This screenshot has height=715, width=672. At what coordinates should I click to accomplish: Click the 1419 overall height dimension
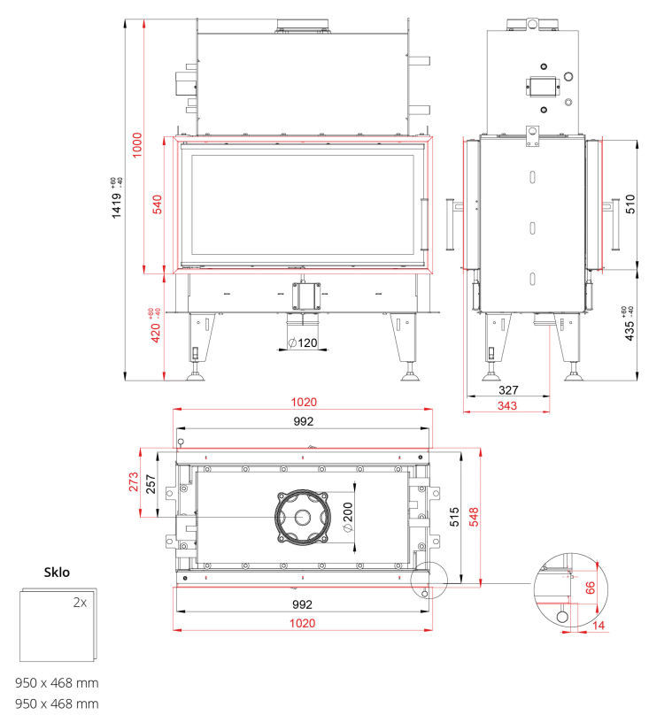click(117, 205)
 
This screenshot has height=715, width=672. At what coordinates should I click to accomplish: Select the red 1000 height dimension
click(137, 145)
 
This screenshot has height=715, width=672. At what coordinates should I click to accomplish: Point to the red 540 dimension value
click(157, 204)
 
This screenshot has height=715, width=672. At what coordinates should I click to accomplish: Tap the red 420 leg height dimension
click(156, 333)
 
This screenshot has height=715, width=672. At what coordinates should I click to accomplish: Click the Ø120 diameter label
click(303, 342)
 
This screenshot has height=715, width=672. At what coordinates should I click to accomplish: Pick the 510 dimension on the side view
click(630, 204)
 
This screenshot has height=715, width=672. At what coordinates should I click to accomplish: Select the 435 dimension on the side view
click(630, 331)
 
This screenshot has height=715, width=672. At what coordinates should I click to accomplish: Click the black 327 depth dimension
click(508, 390)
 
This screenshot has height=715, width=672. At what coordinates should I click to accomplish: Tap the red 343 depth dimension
click(506, 405)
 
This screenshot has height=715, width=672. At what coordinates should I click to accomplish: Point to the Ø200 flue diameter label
click(348, 517)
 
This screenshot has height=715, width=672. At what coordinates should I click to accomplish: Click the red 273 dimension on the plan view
click(133, 481)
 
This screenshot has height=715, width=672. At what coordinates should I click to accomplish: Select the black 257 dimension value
click(151, 484)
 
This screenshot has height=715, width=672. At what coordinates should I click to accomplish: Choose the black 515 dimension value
click(454, 517)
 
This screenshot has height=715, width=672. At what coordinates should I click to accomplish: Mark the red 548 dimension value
click(474, 517)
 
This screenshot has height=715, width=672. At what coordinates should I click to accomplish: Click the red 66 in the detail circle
click(591, 588)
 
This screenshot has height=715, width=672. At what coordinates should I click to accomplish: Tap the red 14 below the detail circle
click(599, 625)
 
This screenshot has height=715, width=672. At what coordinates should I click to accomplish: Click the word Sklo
click(57, 573)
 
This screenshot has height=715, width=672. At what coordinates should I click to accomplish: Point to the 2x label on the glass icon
click(80, 603)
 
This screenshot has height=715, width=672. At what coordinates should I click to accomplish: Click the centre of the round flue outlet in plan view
click(302, 517)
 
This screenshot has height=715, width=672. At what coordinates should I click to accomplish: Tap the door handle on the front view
click(424, 224)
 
